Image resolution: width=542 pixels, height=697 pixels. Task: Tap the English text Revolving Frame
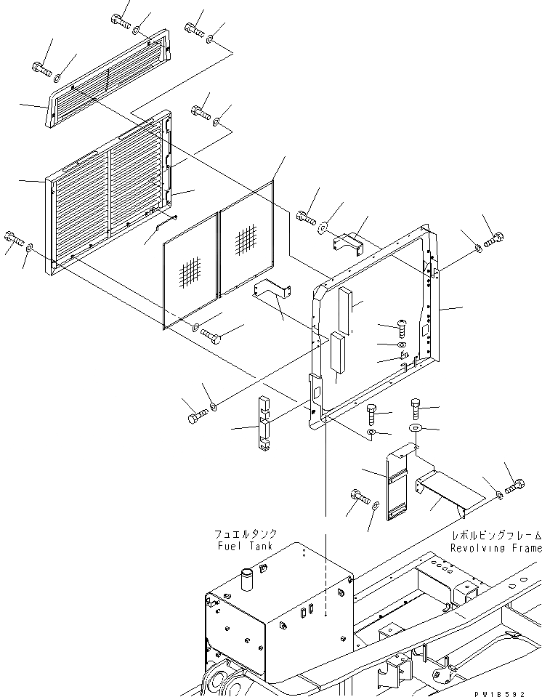tap(496, 548)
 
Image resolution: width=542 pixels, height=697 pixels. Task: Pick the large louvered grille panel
tap(109, 193)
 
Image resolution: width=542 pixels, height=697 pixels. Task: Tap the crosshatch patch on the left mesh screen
tap(190, 272)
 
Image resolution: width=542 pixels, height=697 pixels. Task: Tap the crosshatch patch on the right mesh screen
tap(245, 238)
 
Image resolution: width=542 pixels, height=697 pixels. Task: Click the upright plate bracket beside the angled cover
tap(396, 483)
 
